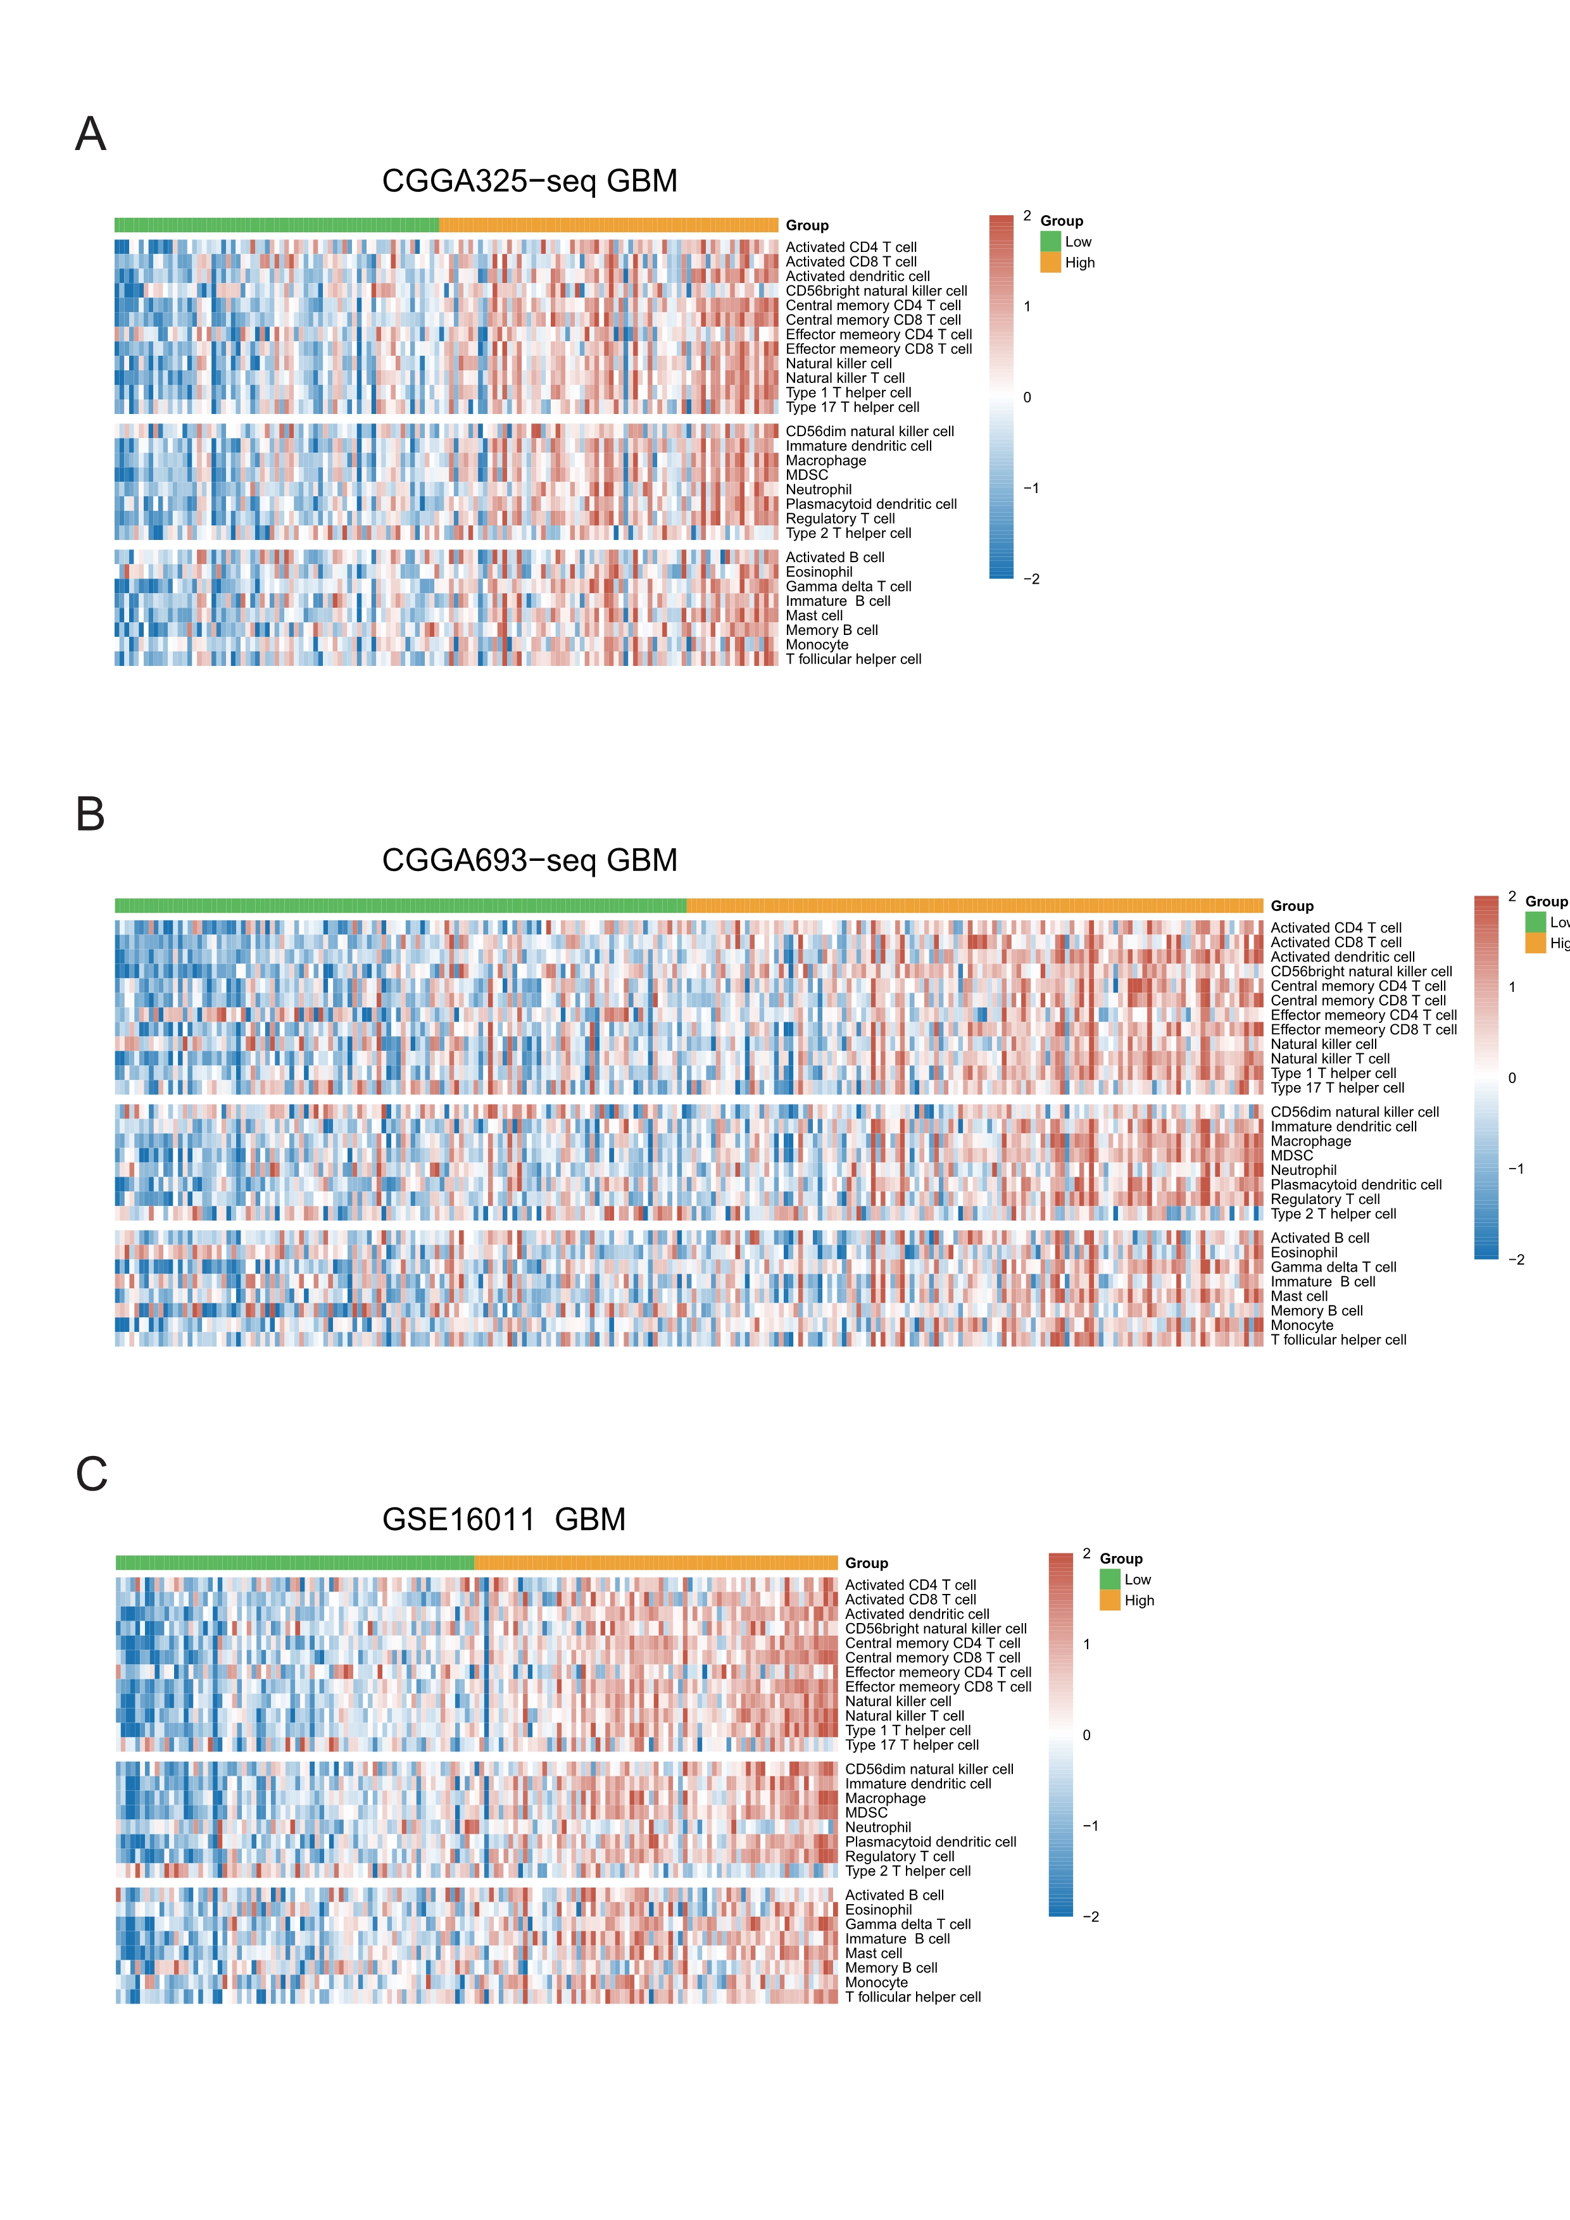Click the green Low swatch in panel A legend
pos(1050,242)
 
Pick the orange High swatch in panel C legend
pos(1109,1600)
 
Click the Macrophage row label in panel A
pos(826,460)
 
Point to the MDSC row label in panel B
pos(1291,1155)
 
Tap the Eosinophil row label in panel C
pos(878,1910)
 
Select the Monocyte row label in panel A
pos(817,645)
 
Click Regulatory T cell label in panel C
pos(899,1857)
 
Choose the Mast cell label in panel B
pos(1298,1296)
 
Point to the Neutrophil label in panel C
pos(878,1828)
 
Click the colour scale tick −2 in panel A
pos(1031,579)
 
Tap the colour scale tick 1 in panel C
pos(1086,1645)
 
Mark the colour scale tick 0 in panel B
pos(1512,1078)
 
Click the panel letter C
pos(91,1474)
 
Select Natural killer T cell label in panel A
pos(845,378)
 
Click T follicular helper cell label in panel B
pos(1338,1340)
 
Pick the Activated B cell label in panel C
pos(895,1895)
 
